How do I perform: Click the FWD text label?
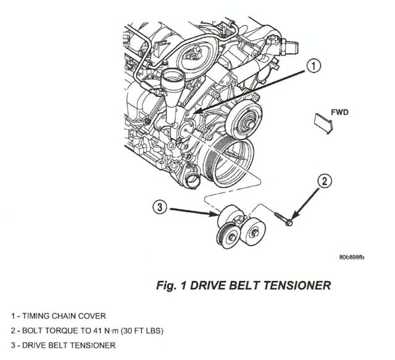point(341,113)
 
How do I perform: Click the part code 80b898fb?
point(352,256)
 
